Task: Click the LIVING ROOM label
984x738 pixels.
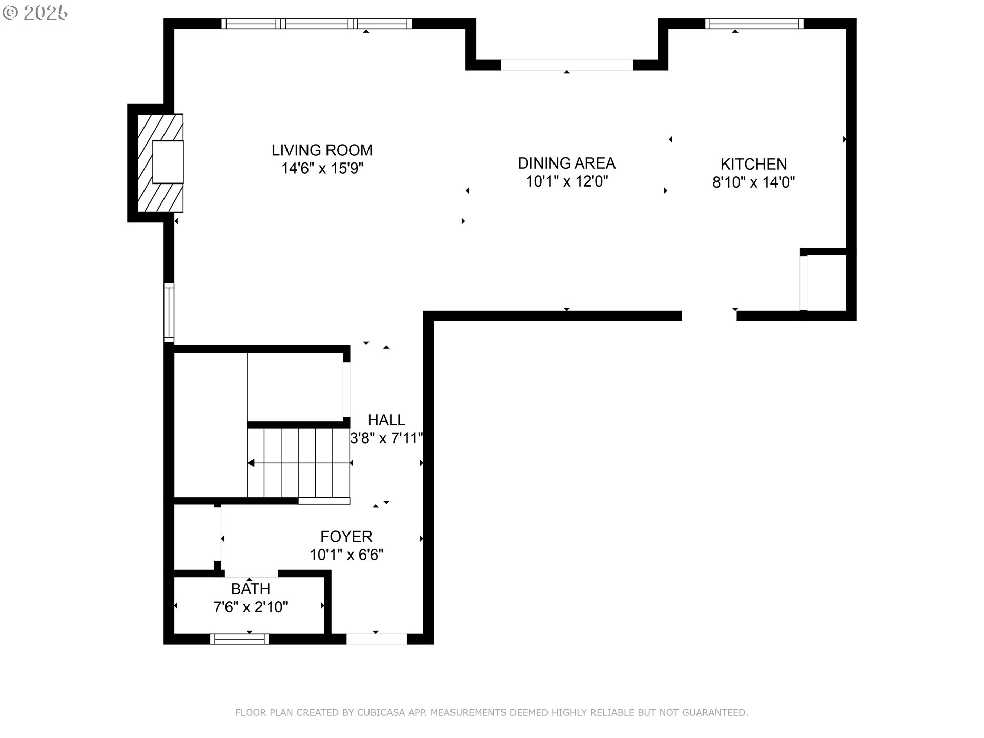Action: click(322, 150)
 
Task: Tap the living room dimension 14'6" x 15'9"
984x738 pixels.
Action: click(322, 169)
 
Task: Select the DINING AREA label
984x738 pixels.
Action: click(566, 163)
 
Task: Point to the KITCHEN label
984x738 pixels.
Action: click(753, 164)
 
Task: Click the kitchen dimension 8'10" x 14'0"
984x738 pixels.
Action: click(753, 182)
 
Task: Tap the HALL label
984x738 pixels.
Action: click(386, 420)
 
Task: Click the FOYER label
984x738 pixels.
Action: click(346, 537)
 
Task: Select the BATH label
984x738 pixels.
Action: click(250, 589)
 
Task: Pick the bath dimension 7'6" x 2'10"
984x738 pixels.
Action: click(250, 607)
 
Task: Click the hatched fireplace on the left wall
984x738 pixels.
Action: click(160, 163)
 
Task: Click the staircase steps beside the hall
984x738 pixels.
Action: click(298, 463)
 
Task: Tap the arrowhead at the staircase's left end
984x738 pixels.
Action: click(251, 463)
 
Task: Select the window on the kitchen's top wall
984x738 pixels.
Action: click(754, 24)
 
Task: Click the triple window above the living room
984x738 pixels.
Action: click(316, 24)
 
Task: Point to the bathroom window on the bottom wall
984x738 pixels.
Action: click(239, 639)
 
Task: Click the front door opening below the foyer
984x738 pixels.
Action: click(376, 639)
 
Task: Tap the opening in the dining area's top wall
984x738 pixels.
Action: click(566, 65)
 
